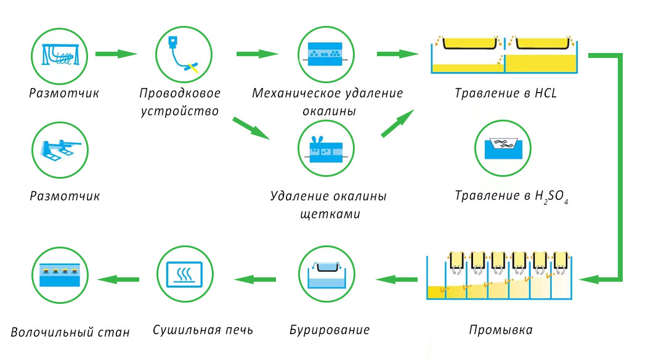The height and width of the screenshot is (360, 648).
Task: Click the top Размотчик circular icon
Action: [60, 54]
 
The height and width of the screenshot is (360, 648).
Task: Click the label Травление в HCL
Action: [505, 94]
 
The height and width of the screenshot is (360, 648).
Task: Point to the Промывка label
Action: [501, 330]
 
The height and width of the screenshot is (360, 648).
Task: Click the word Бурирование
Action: [330, 330]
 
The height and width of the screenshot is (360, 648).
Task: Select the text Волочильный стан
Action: [70, 332]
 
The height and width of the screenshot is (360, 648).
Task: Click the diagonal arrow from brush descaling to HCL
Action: [397, 123]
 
